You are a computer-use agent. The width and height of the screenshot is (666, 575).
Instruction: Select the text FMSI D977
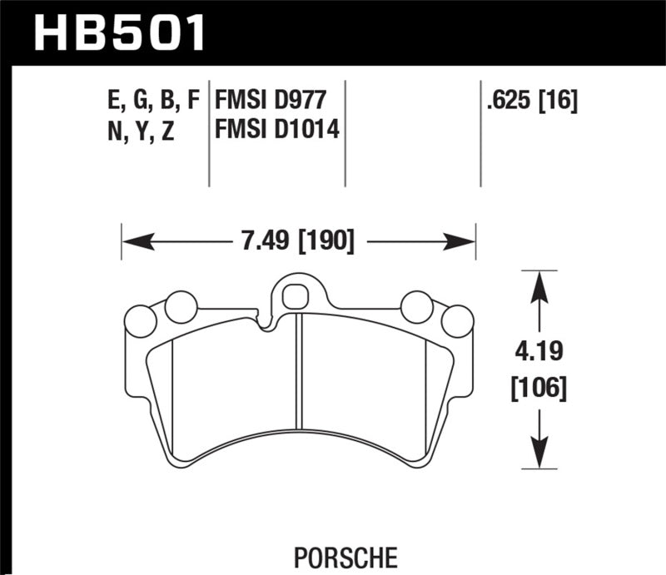pyautogui.click(x=268, y=102)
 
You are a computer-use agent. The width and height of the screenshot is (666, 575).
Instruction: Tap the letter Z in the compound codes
pyautogui.click(x=167, y=130)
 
